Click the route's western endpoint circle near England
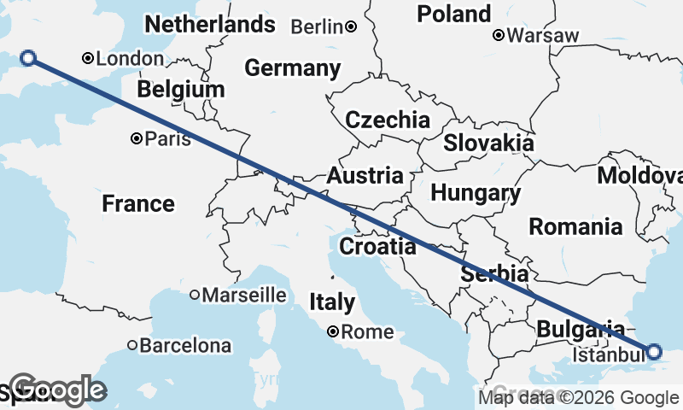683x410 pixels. [28, 58]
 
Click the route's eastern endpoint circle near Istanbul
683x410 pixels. [654, 351]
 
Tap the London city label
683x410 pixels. [130, 59]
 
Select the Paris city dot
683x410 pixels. [137, 138]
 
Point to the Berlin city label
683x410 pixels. [318, 27]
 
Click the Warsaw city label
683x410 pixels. [542, 36]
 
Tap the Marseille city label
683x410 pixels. [245, 295]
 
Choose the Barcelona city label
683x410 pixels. [185, 346]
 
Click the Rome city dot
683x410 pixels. [334, 331]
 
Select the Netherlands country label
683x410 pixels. [210, 24]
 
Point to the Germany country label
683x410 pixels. [292, 68]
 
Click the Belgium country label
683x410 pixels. [181, 90]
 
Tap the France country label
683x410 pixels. [138, 204]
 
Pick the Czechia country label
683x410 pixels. [388, 120]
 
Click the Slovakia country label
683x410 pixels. [488, 143]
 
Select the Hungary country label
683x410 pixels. [476, 194]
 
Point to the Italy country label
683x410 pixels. [332, 302]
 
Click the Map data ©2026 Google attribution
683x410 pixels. [578, 397]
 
